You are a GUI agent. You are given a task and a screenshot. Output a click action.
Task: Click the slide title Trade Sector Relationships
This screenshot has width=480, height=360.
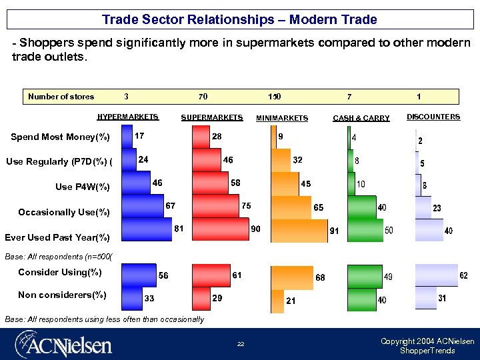pos(239,19)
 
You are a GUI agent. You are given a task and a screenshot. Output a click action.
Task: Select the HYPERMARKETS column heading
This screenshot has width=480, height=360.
pos(128,117)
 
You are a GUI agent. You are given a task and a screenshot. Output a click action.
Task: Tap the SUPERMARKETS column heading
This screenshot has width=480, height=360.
pos(211,117)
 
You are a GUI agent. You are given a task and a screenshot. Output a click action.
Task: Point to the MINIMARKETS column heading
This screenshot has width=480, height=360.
pos(282,118)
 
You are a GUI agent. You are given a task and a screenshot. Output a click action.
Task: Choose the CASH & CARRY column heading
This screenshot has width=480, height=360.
pos(361,118)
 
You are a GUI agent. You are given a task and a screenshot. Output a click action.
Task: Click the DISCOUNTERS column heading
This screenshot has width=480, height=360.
pos(433,117)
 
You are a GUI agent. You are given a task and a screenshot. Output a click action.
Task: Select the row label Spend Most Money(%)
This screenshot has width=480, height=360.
pos(60,137)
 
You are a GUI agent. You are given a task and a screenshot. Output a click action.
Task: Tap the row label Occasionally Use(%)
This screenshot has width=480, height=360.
pos(63,212)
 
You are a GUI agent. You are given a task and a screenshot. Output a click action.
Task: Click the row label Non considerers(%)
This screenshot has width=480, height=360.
pos(62,295)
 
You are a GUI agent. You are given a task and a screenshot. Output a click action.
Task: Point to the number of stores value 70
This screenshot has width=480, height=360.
pos(203,97)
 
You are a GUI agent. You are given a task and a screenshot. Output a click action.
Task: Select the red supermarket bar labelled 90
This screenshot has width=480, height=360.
pos(219,229)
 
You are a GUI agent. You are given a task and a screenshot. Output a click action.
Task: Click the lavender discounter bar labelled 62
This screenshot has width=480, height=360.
pos(436,275)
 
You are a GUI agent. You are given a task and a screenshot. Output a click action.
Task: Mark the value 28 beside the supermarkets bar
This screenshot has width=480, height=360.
pos(217,136)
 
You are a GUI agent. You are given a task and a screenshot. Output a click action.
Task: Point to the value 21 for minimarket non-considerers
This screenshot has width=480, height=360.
pos(291,301)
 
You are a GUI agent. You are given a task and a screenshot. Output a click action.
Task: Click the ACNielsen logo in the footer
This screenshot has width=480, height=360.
pos(64,343)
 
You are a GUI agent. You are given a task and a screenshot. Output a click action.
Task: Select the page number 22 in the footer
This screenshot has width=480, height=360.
pos(241,344)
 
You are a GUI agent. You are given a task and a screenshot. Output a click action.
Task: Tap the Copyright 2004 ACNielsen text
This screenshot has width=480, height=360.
pos(427,341)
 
